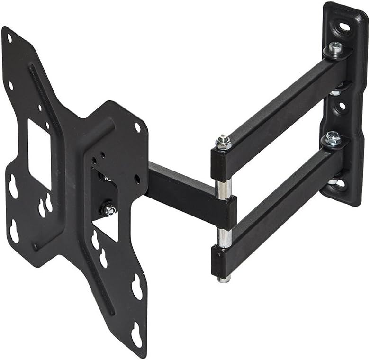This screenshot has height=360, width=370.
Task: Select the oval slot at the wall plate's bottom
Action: click(x=340, y=184)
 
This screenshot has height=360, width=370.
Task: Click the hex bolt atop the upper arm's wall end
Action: click(x=336, y=48)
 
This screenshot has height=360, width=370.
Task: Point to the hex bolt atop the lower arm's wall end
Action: click(x=333, y=138)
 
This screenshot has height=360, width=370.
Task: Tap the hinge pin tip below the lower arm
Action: click(x=224, y=279)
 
